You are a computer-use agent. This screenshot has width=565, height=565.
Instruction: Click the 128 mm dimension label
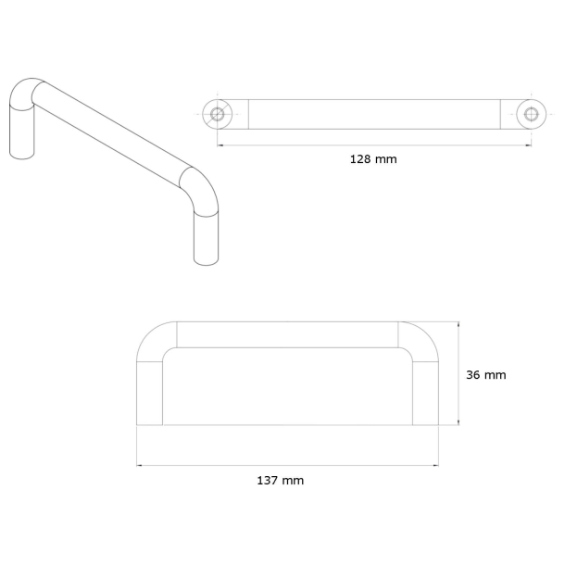coord(372,159)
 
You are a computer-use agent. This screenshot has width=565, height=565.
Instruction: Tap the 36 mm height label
coord(485,375)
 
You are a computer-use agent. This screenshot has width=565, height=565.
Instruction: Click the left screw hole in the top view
coord(218,114)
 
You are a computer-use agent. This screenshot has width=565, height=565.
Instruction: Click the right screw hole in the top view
coord(531,114)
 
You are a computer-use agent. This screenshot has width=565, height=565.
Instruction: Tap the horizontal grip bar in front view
coord(287,334)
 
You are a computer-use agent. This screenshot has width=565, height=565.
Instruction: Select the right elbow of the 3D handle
coord(200,189)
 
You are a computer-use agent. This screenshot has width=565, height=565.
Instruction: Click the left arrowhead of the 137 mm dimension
coord(140,464)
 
